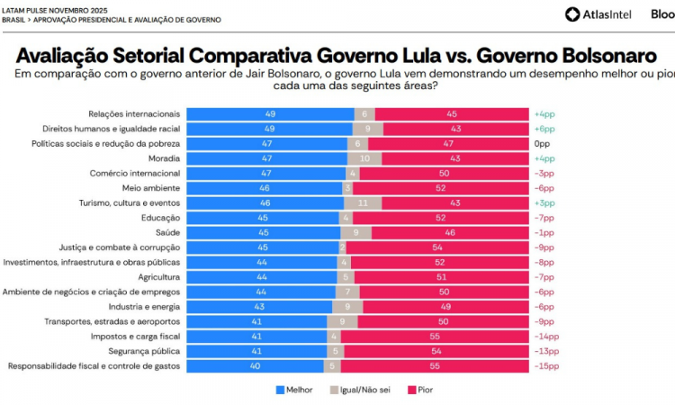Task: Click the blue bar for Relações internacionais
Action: pos(270,114)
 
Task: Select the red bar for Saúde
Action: pos(449,232)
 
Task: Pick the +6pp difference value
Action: pos(545,129)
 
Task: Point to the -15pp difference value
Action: pos(546,365)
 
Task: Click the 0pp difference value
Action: pos(542,144)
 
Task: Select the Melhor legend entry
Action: pos(293,390)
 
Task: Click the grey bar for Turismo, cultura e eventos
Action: pos(362,202)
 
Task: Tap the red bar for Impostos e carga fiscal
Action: pos(435,336)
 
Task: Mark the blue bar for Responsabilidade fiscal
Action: pos(256,365)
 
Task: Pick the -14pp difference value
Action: pos(546,336)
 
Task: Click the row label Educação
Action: pos(161,218)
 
